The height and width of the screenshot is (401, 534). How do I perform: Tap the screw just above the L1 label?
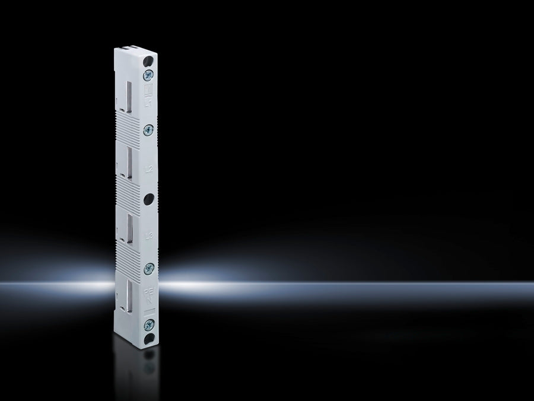pyautogui.click(x=148, y=74)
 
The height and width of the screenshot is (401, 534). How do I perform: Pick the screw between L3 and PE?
pyautogui.click(x=148, y=268)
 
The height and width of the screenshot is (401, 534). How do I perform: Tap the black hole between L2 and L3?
pyautogui.click(x=148, y=199)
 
